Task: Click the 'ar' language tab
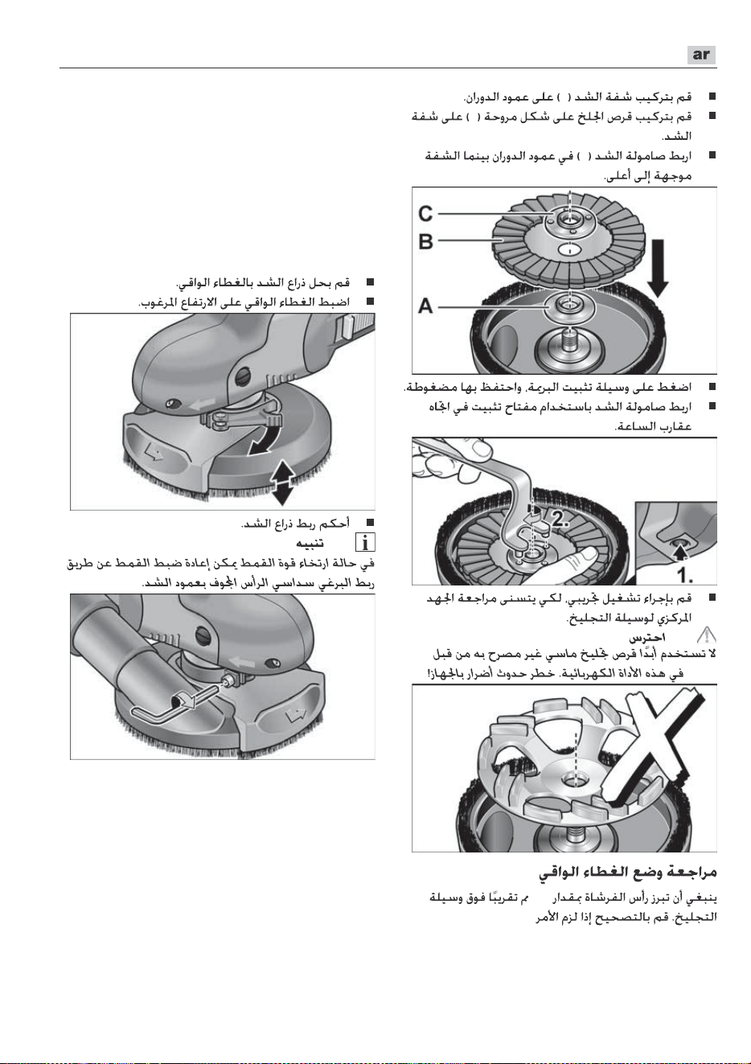coord(701,55)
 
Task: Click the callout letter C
coord(425,213)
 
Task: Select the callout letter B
coord(425,241)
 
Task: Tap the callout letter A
coord(425,306)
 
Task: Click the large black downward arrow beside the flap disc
coord(658,268)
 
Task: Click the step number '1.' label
coord(684,575)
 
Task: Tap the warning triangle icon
coord(706,635)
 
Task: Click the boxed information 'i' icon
coord(365,542)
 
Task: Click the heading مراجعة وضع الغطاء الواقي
coord(627,872)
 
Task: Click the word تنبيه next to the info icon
coord(310,542)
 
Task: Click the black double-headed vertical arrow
coord(282,482)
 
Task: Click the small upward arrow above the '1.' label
coord(681,551)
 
